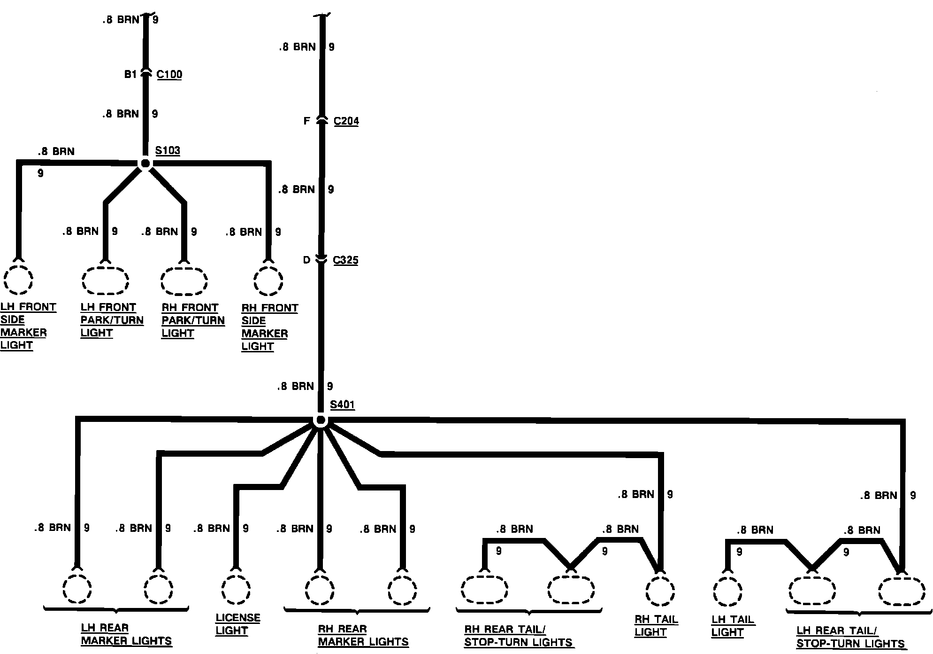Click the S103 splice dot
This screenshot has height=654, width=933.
click(145, 163)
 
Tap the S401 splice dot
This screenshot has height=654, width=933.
click(321, 420)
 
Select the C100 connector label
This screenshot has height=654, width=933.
click(169, 75)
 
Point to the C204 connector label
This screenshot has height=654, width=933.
click(346, 121)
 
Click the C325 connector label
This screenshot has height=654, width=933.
click(345, 260)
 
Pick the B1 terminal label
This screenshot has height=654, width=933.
click(130, 74)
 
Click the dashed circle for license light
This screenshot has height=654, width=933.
click(236, 588)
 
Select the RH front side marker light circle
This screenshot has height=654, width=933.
click(268, 281)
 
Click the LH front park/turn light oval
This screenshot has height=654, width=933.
click(105, 280)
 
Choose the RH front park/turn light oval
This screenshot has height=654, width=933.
click(184, 281)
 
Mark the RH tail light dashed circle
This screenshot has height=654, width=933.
click(660, 590)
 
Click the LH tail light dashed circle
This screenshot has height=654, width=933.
click(727, 591)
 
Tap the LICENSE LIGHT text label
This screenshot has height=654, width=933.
click(237, 624)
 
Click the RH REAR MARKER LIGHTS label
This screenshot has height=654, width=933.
click(363, 635)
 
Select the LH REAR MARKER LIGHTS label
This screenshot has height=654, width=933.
click(126, 634)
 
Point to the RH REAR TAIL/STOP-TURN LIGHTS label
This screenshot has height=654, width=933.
click(518, 636)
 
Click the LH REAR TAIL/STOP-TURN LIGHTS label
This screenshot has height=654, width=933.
click(850, 637)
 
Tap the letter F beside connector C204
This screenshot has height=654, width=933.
click(306, 121)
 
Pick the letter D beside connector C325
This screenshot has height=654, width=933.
click(306, 260)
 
